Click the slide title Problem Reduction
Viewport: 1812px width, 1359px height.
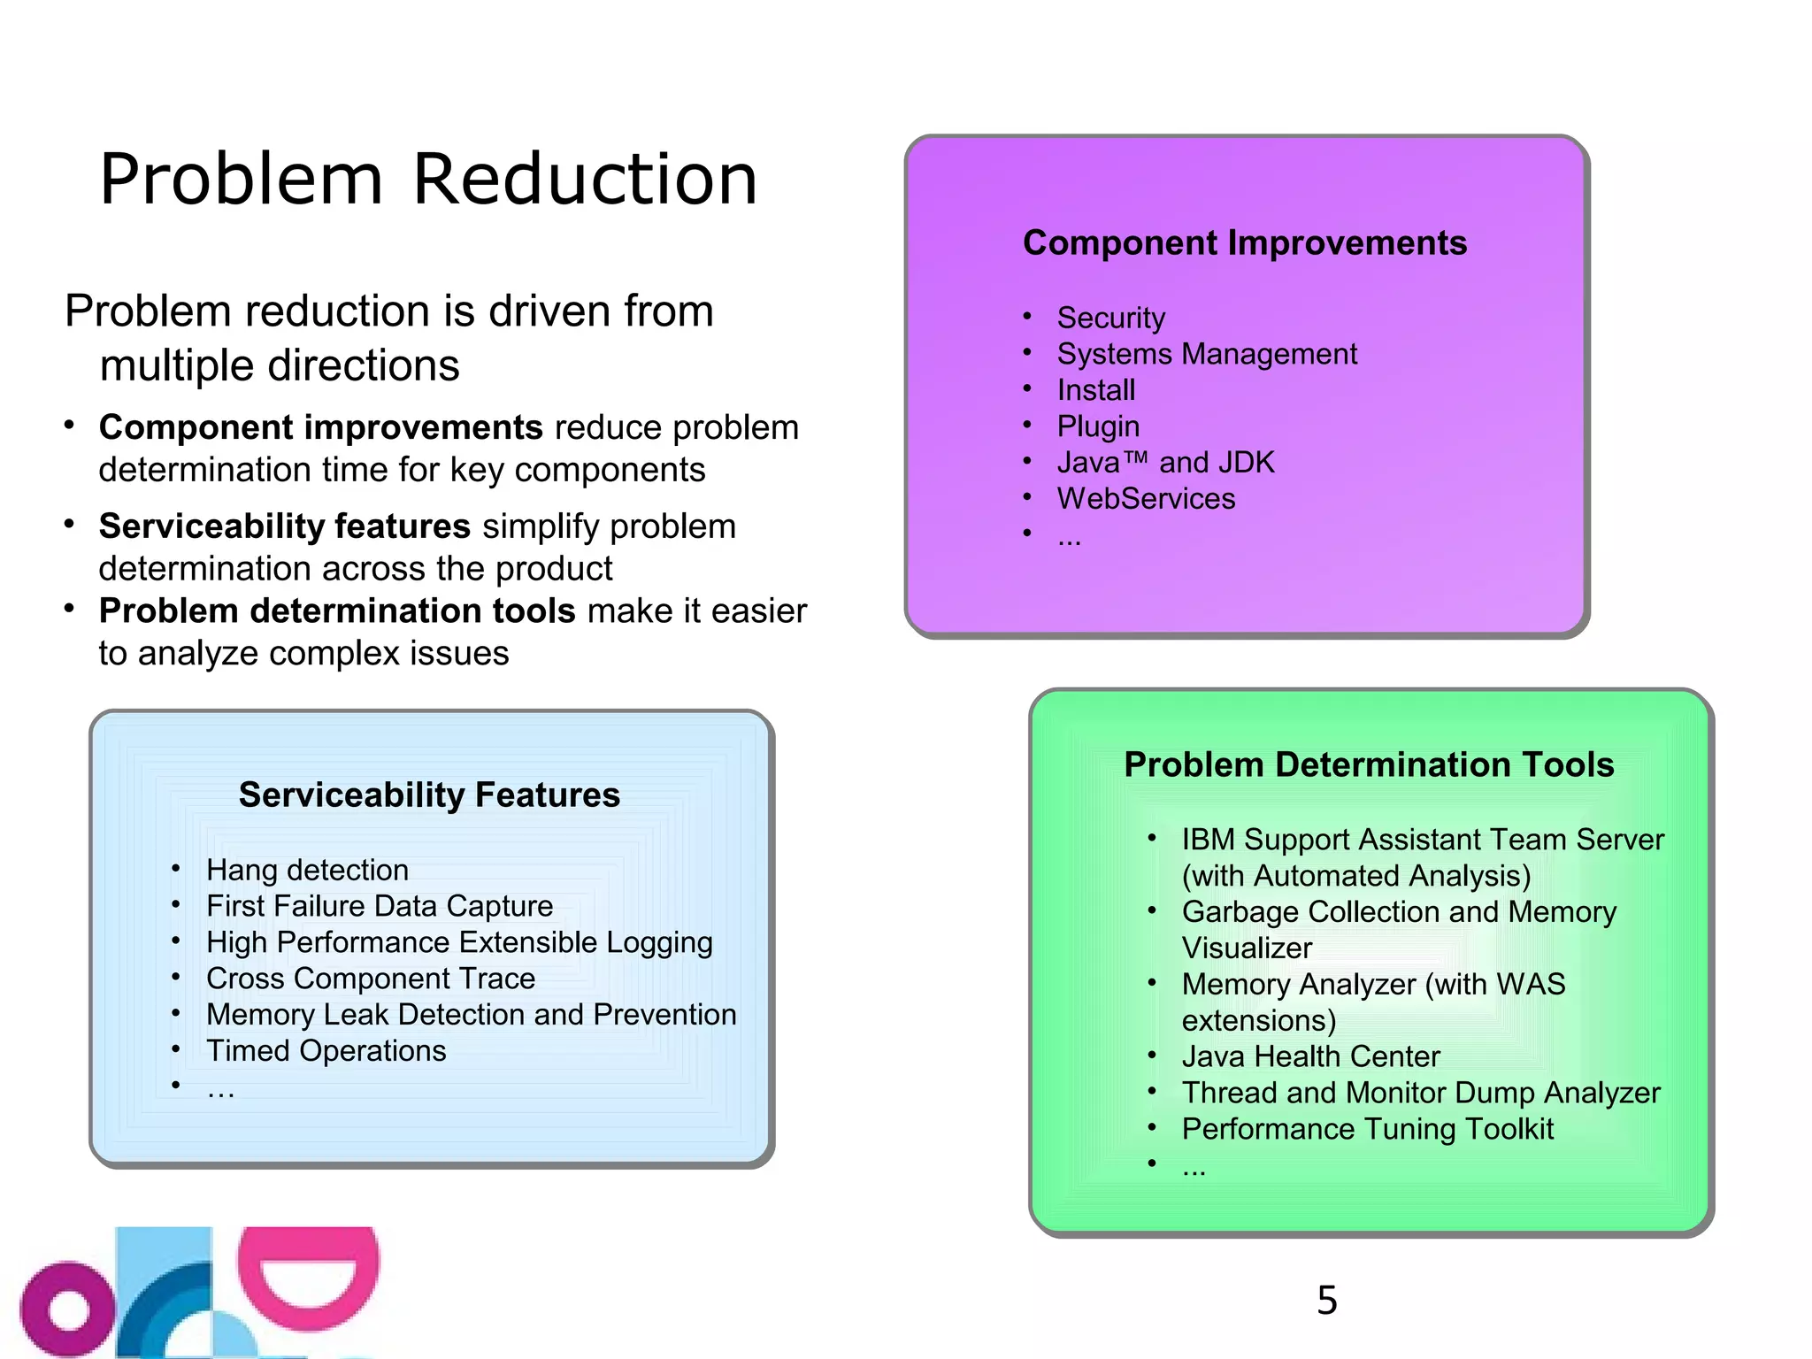tap(428, 180)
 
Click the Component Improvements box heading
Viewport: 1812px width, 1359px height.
tap(1244, 243)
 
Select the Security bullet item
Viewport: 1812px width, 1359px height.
tap(1110, 318)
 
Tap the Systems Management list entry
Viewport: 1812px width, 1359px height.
tap(1206, 354)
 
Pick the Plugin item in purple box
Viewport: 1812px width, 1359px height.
tap(1098, 426)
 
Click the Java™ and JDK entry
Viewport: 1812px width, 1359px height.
tap(1165, 463)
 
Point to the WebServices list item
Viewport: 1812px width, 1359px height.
tap(1146, 499)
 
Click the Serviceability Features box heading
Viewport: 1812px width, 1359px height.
tap(429, 795)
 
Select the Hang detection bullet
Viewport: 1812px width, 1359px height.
tap(307, 870)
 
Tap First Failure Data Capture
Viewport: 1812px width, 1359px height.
tap(379, 906)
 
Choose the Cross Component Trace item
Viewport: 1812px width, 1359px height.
tap(370, 979)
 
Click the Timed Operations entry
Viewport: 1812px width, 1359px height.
tap(326, 1051)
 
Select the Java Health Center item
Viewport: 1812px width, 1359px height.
tap(1310, 1056)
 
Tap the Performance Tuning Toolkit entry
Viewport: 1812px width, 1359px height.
tap(1367, 1129)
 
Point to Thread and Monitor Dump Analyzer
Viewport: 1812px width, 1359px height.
tap(1420, 1093)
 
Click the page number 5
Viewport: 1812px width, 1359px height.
tap(1326, 1300)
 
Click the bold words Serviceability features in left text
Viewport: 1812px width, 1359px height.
tap(284, 526)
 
